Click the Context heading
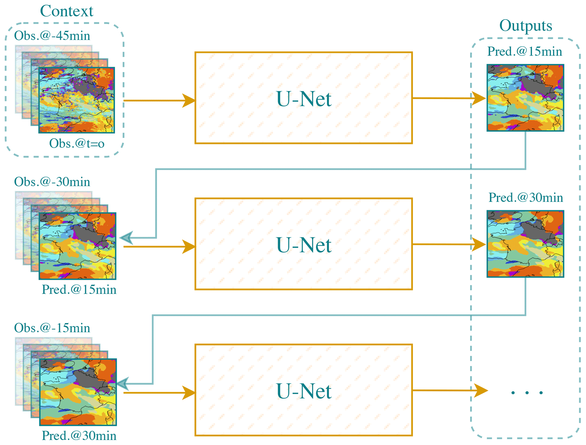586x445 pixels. pos(67,11)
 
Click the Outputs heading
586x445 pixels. pos(525,26)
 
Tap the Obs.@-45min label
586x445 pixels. pos(52,36)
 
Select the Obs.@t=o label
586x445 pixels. pos(77,144)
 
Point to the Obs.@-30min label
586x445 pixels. pos(52,182)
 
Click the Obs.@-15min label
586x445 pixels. pos(52,328)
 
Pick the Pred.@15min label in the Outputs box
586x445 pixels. pos(524,52)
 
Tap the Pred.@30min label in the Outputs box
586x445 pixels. pos(525,198)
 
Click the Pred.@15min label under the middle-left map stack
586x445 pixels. pos(79,290)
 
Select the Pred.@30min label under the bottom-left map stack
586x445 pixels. pos(79,436)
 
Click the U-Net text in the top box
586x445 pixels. pos(304,99)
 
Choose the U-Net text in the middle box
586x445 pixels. pos(304,245)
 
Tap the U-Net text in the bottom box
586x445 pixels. pos(304,391)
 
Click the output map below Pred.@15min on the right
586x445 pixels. pos(525,98)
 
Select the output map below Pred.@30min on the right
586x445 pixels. pos(525,244)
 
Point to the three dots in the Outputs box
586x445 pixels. pos(527,393)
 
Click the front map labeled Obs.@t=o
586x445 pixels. pos(77,100)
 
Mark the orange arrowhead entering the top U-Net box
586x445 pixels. pos(189,101)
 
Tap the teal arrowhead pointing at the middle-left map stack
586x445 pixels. pos(126,238)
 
